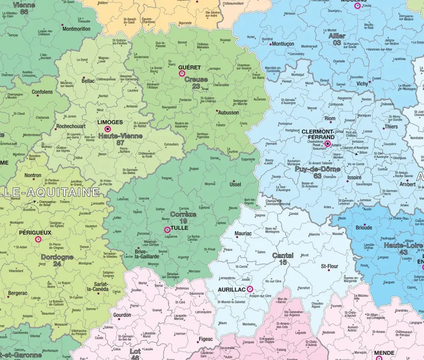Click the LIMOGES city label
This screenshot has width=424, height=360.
[x=110, y=122]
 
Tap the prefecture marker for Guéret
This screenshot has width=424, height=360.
[x=182, y=73]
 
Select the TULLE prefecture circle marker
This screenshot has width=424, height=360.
[x=167, y=230]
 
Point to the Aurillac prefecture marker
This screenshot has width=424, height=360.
[x=250, y=289]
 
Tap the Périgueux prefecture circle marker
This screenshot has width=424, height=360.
[x=38, y=239]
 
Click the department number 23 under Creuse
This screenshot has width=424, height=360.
[x=196, y=86]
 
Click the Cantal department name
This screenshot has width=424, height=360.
[x=283, y=256]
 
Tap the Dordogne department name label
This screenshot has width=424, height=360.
[x=57, y=257]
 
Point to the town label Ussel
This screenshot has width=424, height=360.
[x=235, y=185]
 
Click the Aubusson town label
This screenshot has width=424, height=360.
[x=228, y=113]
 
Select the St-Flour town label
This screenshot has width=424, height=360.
[x=329, y=267]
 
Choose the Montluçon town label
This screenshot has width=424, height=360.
[x=283, y=44]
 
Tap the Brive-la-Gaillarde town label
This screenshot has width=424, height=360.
[x=147, y=253]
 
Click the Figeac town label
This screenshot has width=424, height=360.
[x=205, y=339]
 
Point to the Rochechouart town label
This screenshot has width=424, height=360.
[x=71, y=127]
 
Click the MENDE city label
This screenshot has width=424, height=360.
[x=384, y=353]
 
